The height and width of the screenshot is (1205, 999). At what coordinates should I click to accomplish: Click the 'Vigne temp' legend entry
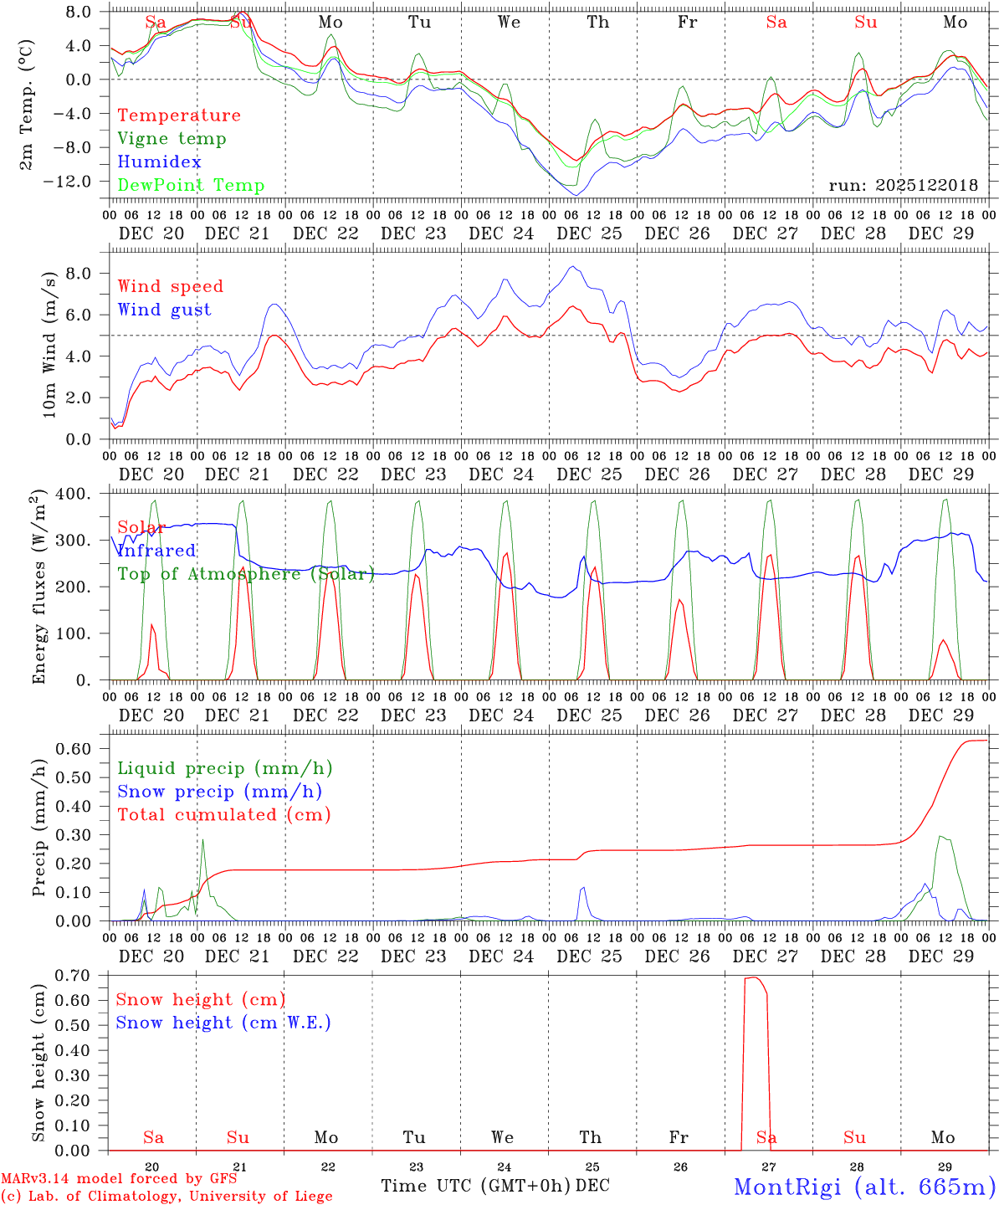click(x=172, y=139)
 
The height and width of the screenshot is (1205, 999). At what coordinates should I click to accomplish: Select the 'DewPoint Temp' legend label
click(x=191, y=186)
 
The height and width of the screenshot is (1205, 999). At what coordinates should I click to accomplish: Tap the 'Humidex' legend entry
click(x=159, y=162)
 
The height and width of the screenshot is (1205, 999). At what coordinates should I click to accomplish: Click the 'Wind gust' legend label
click(x=164, y=310)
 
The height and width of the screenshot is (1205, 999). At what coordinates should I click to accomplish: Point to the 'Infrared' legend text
click(x=156, y=551)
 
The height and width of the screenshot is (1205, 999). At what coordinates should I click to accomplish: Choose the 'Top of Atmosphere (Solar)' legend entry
click(x=246, y=574)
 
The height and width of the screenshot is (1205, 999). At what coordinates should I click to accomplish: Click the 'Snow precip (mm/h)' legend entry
click(x=219, y=792)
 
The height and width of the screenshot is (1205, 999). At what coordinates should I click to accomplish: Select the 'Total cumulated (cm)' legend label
click(x=223, y=815)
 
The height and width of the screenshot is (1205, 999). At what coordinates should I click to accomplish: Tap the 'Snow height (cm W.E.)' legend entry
click(x=223, y=1023)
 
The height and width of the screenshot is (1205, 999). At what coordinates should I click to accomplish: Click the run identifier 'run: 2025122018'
click(x=903, y=185)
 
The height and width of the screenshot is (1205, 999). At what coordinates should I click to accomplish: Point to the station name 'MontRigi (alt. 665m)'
click(x=864, y=1187)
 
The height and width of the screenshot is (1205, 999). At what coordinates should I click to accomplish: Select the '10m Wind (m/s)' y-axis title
click(x=50, y=343)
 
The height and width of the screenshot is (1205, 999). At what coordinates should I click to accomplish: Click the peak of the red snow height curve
click(x=754, y=977)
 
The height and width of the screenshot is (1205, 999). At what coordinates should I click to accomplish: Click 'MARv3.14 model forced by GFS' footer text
click(x=119, y=1179)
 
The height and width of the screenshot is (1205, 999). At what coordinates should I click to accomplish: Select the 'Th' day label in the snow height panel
click(x=590, y=1137)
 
